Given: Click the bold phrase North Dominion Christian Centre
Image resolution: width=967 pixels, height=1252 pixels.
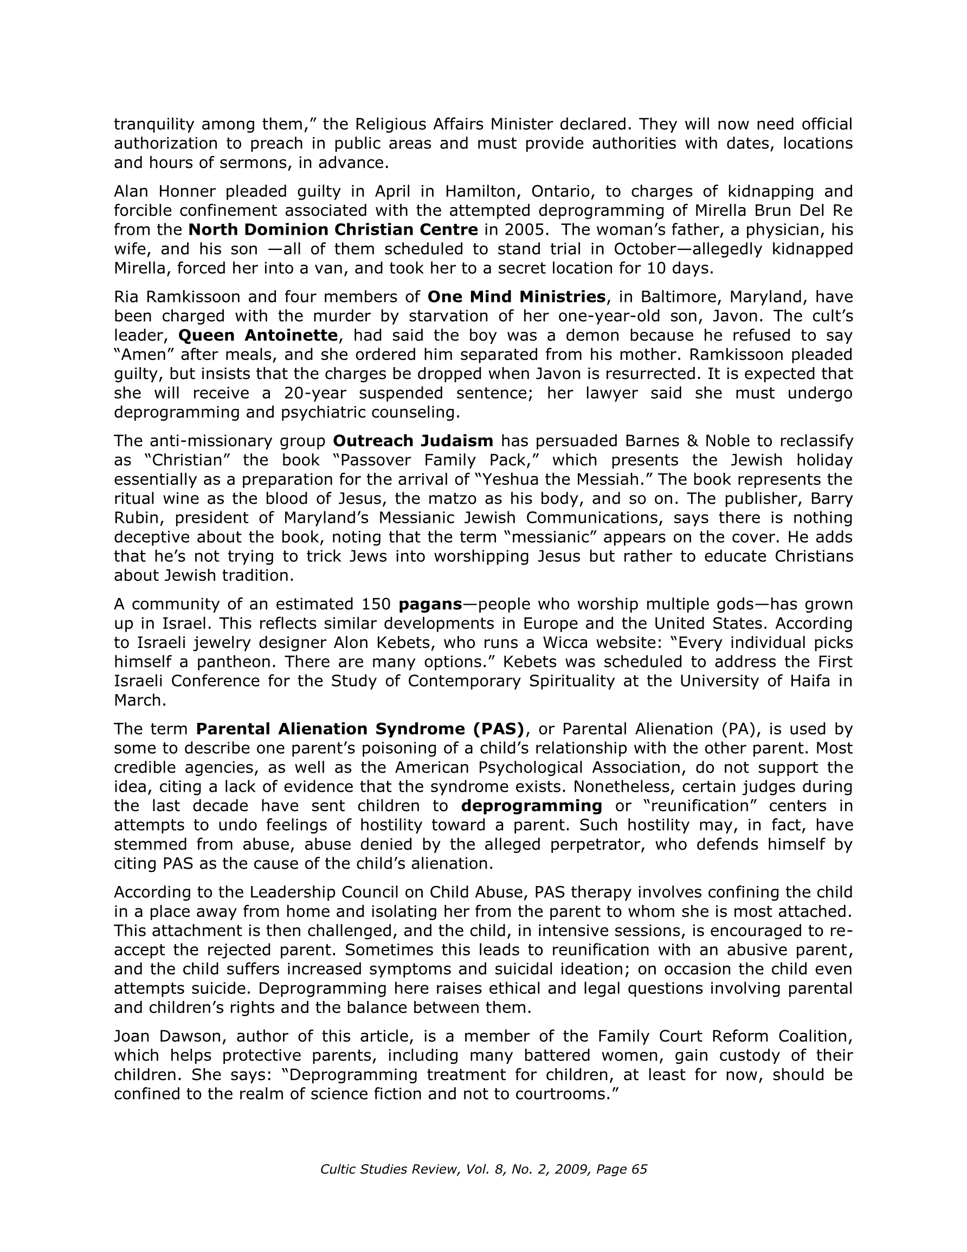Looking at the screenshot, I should pos(333,230).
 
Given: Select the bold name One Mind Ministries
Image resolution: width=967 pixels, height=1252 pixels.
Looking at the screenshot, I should pos(517,297).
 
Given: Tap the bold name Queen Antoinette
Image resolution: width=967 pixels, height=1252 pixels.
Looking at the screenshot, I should pos(258,335).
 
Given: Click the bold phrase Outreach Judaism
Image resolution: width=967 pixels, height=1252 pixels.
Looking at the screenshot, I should pos(412,441).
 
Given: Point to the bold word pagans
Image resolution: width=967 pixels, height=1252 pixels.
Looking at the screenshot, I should pos(430,604).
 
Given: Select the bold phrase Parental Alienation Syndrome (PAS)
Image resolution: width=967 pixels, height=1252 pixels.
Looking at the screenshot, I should pos(360,729).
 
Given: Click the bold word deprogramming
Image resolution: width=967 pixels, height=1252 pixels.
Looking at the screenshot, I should pos(531,806).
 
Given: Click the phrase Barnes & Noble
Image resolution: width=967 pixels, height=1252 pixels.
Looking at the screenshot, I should pos(666,441).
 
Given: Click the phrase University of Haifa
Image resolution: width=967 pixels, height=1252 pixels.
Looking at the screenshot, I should pos(755,681).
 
